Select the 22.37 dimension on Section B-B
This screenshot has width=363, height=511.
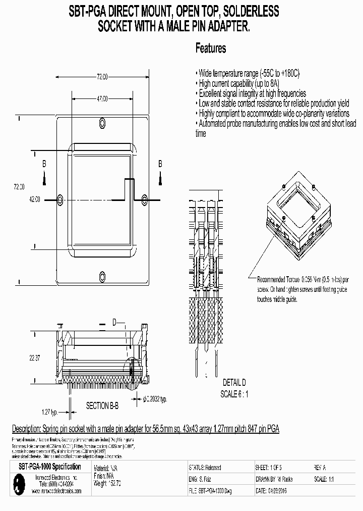(35, 357)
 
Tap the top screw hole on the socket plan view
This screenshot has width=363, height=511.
(103, 123)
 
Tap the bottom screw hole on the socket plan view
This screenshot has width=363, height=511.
(103, 276)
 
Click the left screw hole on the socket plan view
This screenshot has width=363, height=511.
(62, 199)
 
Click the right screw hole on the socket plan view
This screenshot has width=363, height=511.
(144, 199)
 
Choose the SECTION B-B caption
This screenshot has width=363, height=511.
(102, 405)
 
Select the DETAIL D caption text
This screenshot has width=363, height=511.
(234, 382)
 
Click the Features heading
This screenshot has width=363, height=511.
(211, 48)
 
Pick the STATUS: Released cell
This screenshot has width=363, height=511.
(205, 468)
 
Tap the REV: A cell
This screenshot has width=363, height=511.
(321, 468)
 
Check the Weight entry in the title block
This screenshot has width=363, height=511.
(107, 483)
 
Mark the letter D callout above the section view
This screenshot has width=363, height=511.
(114, 322)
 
